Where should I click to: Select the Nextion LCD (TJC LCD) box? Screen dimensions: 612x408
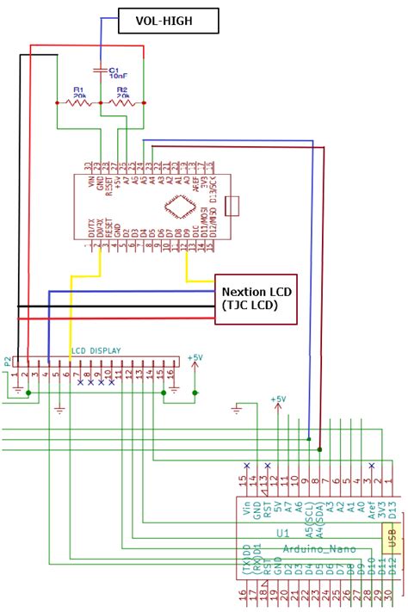(256, 298)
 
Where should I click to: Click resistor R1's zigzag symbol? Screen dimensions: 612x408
(79, 102)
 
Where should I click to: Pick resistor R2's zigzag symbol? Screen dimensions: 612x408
(122, 102)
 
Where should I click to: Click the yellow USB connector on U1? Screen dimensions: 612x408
(390, 538)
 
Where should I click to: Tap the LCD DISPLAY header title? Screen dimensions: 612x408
(96, 350)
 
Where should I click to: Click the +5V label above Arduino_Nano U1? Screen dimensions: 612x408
(277, 399)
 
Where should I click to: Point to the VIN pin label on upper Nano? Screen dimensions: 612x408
(87, 182)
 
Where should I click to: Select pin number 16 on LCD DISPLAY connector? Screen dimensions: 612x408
(171, 374)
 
